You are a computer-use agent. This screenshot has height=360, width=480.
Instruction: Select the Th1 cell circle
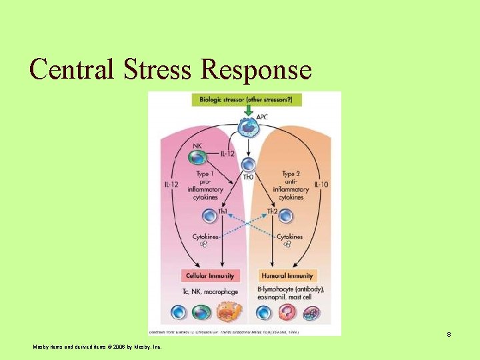pos(210,215)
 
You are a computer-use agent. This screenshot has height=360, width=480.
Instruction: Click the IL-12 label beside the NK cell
pos(229,155)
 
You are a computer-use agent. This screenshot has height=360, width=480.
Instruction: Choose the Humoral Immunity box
pos(287,275)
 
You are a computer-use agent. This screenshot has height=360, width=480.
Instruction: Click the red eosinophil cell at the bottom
pos(287,313)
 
